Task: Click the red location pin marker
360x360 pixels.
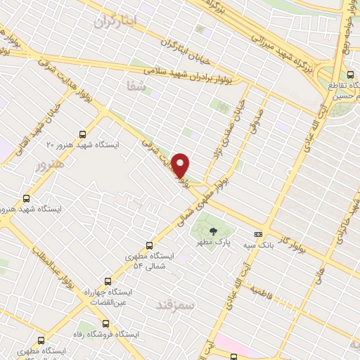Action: [x=181, y=165]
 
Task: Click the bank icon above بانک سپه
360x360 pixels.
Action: [x=258, y=233]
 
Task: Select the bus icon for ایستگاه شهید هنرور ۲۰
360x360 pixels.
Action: [x=84, y=134]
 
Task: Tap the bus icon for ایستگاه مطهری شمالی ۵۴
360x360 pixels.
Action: [x=149, y=245]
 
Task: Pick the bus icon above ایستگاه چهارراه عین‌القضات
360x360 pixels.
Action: [x=108, y=280]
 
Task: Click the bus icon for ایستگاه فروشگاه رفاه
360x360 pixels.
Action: [x=105, y=324]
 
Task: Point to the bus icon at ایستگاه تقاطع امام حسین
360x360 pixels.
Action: [x=350, y=75]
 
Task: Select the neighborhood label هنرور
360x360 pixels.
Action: [x=49, y=164]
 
